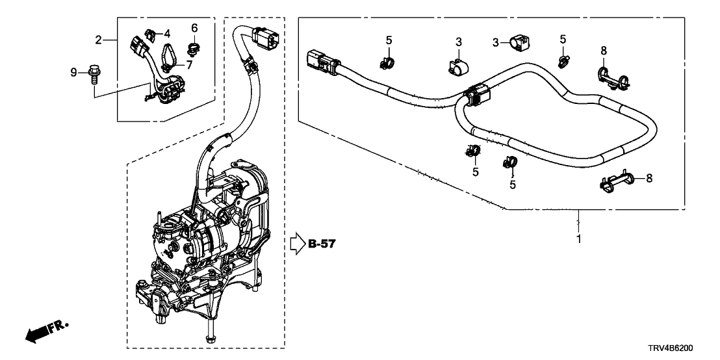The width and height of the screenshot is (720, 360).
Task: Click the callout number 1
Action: (578, 238)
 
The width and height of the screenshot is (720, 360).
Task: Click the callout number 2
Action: (99, 40)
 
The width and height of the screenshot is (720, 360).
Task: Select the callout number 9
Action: (73, 72)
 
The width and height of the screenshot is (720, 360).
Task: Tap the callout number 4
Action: (167, 33)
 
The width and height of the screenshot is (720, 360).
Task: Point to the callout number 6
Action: (194, 27)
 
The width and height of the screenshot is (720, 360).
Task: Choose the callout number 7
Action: (190, 64)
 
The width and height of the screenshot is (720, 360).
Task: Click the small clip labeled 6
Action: (193, 47)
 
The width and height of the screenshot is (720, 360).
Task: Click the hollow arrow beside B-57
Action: (296, 244)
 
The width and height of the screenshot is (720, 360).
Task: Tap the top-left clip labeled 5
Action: (388, 62)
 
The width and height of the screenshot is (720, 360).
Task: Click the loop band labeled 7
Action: (168, 55)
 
